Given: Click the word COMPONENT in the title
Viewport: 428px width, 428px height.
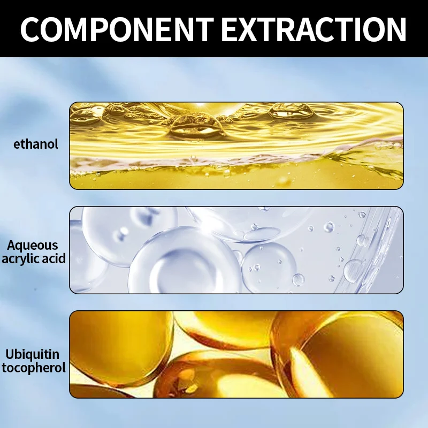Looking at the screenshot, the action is click(117, 29).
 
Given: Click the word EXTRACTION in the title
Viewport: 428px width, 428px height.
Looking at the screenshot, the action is click(314, 29).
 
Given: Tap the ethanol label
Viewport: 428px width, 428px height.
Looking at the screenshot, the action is click(36, 144).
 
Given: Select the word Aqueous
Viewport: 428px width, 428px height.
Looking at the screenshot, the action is click(33, 246).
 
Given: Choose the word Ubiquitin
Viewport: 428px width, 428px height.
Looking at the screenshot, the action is click(33, 355).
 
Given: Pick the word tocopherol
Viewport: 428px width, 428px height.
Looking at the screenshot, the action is click(34, 368).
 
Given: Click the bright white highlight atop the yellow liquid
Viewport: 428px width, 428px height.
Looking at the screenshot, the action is click(201, 104).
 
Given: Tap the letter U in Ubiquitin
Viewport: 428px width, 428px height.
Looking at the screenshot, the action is click(10, 354).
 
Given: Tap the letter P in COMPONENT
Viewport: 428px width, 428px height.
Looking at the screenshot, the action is click(113, 29).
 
